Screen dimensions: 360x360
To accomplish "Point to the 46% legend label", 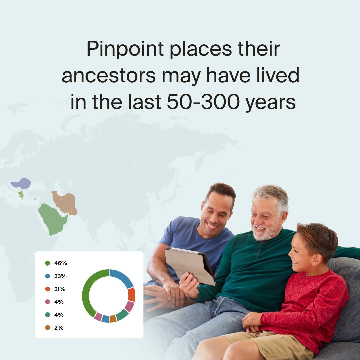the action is point(60,263).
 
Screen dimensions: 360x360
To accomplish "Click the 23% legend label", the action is point(60,276).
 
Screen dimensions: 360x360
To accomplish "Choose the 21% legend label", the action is point(60,289).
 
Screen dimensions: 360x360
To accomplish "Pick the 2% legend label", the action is point(59,328).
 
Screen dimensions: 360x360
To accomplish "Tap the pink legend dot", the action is point(48,302).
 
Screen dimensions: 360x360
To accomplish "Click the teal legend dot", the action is point(48,315).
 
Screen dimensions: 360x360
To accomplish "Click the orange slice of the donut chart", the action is point(132,295).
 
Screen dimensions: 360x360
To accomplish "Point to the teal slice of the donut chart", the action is point(122,315).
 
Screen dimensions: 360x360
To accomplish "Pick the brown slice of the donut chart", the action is point(113,319).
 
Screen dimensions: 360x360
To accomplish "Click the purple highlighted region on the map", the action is point(21,183).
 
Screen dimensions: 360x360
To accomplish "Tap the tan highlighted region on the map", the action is point(65,203).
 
